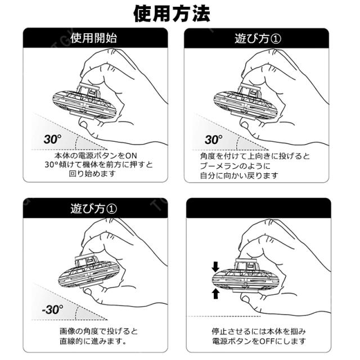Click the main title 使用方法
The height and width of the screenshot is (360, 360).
[172, 13]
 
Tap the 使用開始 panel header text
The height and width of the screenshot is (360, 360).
[94, 38]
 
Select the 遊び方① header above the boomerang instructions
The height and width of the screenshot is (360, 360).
[258, 38]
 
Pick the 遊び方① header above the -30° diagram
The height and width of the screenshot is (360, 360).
[94, 208]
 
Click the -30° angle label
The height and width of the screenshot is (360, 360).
[52, 309]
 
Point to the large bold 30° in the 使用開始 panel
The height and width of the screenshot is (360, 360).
[52, 139]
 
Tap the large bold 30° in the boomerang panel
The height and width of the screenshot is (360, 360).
[214, 139]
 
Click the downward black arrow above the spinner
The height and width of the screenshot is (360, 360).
[215, 267]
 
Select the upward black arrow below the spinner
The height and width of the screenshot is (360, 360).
[215, 294]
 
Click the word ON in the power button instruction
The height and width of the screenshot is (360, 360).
[131, 156]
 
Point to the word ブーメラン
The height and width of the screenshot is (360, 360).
[220, 166]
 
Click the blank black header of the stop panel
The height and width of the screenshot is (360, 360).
[259, 208]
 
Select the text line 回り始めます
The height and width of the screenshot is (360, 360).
[92, 174]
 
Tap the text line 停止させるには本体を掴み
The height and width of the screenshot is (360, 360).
[259, 331]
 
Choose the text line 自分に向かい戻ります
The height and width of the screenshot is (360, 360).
[239, 176]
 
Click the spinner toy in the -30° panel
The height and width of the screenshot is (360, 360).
[89, 272]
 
